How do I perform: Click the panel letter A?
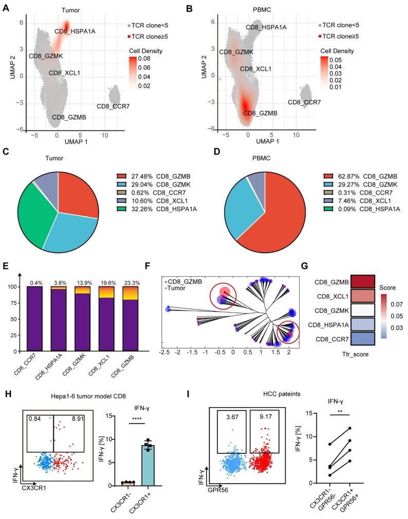coord(7,6)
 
